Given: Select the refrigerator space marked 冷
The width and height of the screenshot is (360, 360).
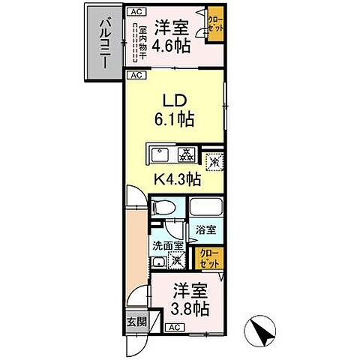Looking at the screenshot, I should pos(214,159).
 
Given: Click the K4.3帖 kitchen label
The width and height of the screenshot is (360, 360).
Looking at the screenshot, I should pos(178,179).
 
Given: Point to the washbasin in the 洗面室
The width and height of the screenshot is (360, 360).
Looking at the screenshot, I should pos(157,262).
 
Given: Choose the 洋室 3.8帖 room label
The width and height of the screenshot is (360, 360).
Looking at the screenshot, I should pos(189,298).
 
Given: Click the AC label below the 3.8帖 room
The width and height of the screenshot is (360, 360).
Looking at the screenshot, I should pos(172,328).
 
